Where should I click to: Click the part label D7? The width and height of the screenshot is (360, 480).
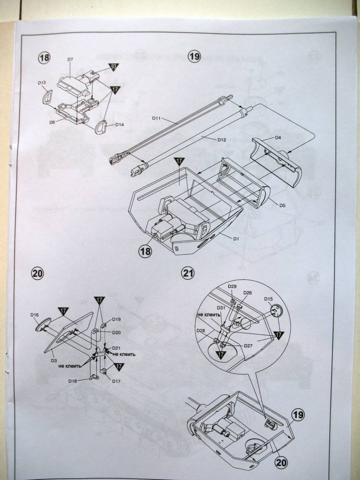(x=70, y=60)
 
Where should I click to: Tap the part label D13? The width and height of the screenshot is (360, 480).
(x=42, y=83)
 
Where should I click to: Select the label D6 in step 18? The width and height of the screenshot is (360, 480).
(x=53, y=122)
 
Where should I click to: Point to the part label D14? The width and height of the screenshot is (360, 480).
(x=119, y=125)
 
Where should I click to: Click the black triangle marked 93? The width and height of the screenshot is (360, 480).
(x=113, y=66)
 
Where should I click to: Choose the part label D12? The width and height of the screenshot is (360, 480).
(x=222, y=139)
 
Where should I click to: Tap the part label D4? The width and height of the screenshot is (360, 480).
(x=278, y=137)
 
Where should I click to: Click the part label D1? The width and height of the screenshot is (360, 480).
(x=236, y=238)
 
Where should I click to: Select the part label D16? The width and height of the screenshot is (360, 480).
(x=35, y=314)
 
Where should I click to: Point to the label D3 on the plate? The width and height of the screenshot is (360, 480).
(x=54, y=360)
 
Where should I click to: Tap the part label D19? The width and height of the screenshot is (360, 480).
(x=116, y=319)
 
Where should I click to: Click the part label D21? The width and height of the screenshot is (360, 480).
(x=116, y=348)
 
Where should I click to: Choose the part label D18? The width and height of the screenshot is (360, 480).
(x=72, y=381)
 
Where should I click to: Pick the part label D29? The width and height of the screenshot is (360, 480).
(x=232, y=287)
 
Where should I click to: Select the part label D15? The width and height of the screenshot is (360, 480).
(x=269, y=299)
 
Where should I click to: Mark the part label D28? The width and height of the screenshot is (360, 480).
(x=201, y=331)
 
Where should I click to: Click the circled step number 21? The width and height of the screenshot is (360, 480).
(x=188, y=273)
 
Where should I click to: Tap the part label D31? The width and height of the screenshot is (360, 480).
(x=221, y=307)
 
